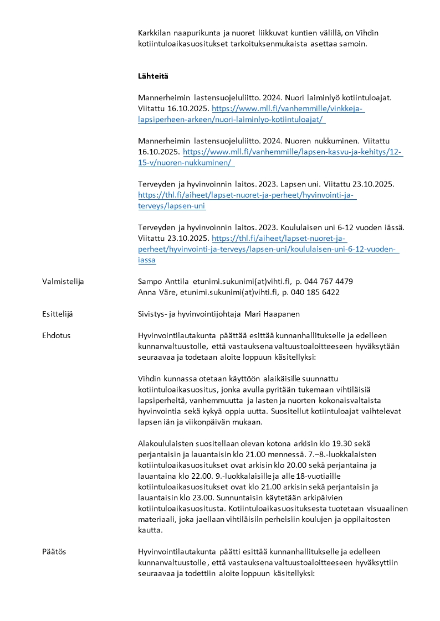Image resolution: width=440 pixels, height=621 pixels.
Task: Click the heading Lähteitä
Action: pos(153,76)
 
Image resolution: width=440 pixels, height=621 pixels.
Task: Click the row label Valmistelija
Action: pos(63,281)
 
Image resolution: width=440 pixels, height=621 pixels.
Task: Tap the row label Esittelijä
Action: pos(57,314)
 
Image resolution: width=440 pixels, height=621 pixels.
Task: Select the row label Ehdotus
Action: pos(56,335)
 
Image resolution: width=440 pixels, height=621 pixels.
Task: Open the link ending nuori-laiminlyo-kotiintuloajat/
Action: pos(231,119)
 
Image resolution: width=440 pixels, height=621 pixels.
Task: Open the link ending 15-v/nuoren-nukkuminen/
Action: pos(186,162)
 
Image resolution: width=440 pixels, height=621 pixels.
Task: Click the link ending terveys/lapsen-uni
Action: pos(172,205)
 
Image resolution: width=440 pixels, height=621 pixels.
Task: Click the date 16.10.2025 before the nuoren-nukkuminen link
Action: pos(158,151)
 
